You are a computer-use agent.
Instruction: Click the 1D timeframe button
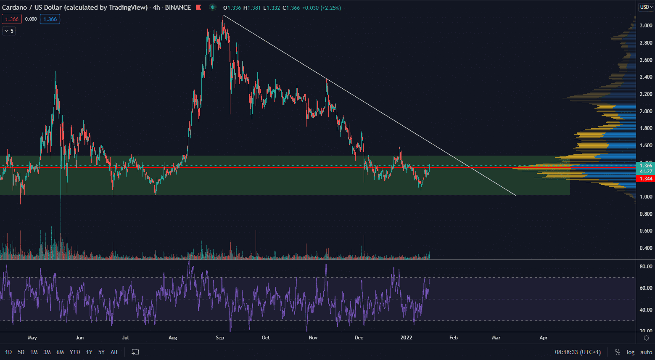click(8, 352)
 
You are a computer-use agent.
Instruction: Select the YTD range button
click(75, 352)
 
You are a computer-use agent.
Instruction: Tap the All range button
click(114, 352)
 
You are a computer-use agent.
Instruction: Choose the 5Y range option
click(101, 352)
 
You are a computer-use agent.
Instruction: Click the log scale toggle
click(631, 352)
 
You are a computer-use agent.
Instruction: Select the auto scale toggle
click(646, 352)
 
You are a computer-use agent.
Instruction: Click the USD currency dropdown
click(646, 7)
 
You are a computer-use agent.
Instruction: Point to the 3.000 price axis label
click(646, 26)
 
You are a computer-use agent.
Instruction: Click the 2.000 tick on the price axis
click(646, 111)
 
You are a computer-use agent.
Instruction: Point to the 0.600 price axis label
click(646, 231)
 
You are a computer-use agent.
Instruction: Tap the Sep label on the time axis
click(220, 337)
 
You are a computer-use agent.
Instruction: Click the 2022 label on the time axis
click(407, 337)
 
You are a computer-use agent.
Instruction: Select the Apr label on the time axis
click(544, 337)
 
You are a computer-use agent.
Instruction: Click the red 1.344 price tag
click(646, 179)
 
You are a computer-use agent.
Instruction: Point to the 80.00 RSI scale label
click(646, 267)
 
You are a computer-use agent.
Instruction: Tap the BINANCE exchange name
click(178, 8)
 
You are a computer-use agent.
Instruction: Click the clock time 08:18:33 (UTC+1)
click(578, 352)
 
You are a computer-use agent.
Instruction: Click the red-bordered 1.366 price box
click(12, 19)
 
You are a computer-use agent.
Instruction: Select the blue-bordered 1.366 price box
click(50, 19)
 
